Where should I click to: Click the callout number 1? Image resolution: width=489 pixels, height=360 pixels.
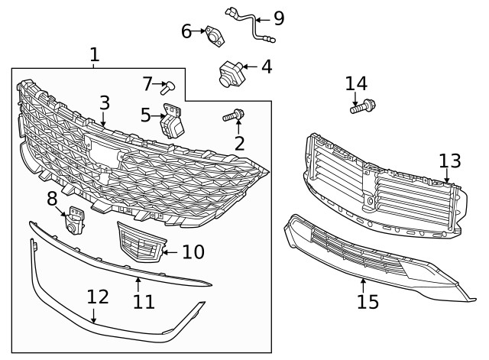click(x=94, y=55)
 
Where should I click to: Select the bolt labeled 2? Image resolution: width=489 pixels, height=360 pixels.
click(x=233, y=117)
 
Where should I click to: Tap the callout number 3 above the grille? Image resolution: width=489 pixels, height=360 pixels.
click(x=105, y=102)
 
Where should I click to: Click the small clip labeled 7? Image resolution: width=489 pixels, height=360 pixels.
click(x=170, y=86)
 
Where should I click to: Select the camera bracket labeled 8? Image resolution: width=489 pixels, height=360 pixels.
click(x=75, y=221)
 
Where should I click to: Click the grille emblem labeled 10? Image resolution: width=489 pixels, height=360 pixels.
click(x=139, y=243)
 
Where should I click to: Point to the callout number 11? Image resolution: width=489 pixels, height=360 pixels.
click(x=144, y=302)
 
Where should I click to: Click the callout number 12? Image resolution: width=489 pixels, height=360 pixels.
click(x=97, y=297)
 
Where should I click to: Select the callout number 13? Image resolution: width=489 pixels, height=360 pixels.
click(x=450, y=161)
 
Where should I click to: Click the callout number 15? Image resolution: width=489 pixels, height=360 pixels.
click(x=368, y=301)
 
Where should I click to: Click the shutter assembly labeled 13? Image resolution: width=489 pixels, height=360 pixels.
click(x=382, y=191)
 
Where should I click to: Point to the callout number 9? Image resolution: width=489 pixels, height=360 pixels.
click(x=279, y=18)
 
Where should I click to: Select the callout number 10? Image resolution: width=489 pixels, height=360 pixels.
click(x=193, y=251)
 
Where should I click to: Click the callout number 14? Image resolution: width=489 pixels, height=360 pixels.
click(x=356, y=83)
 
